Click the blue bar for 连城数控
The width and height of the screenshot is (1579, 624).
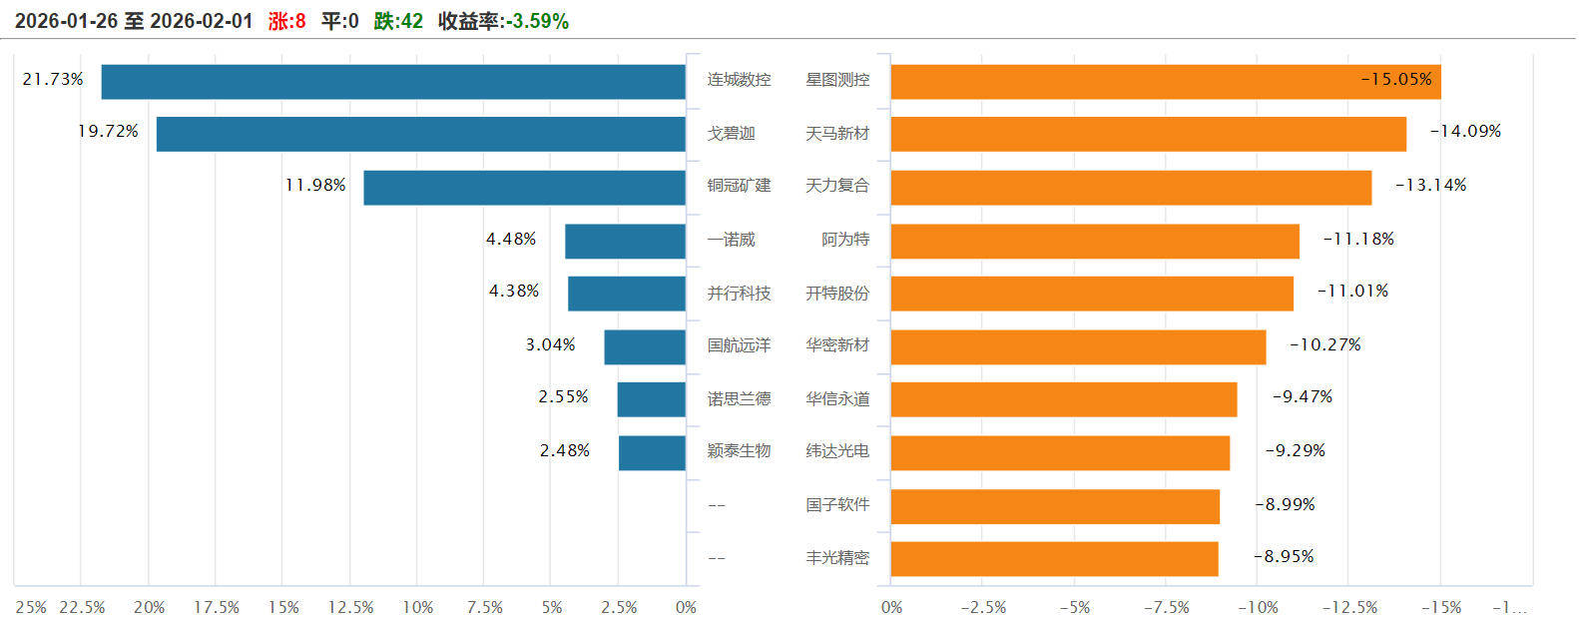click(393, 82)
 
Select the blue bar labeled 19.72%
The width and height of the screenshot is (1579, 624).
click(420, 135)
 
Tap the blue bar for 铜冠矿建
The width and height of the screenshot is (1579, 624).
click(524, 188)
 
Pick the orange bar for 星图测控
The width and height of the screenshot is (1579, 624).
click(1165, 82)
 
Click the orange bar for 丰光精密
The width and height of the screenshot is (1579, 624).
click(1054, 559)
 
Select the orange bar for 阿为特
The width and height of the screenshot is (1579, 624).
click(1095, 241)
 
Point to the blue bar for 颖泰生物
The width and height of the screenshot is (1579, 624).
click(652, 452)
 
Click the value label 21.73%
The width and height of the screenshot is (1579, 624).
click(53, 79)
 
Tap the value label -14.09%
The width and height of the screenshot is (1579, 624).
click(1465, 132)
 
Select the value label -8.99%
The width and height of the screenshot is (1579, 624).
click(1285, 505)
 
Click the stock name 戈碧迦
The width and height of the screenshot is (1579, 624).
click(731, 134)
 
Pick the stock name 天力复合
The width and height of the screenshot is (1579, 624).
click(837, 186)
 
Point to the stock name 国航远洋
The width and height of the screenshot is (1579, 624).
click(739, 345)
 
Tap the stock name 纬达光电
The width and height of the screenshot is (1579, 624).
click(837, 451)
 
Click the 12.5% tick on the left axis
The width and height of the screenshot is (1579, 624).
click(350, 607)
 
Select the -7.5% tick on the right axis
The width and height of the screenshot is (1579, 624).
click(1166, 607)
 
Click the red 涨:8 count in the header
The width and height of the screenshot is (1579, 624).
click(286, 21)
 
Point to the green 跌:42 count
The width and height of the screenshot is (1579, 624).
click(398, 21)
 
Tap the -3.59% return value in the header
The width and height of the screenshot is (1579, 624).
click(536, 21)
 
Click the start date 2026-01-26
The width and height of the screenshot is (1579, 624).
click(66, 21)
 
